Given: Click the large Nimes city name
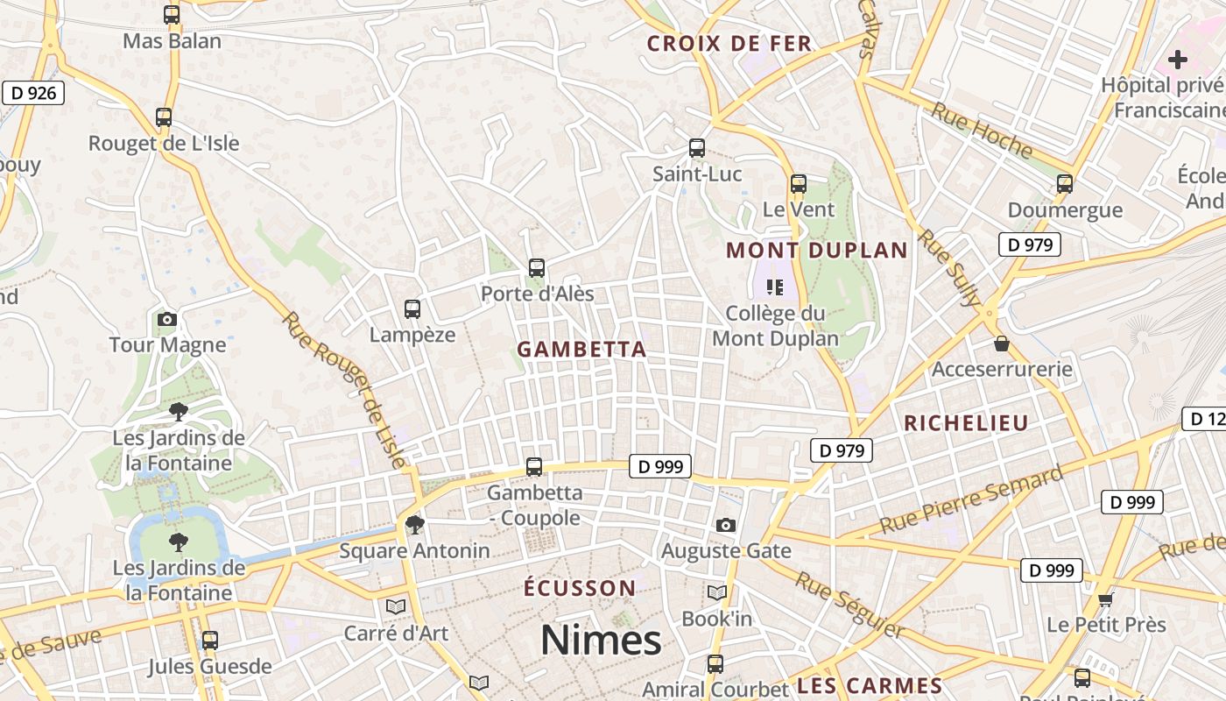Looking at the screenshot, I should pos(601,641).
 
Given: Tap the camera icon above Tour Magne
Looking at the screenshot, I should pos(167,320).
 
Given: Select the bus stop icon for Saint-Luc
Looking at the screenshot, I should pos(697,148).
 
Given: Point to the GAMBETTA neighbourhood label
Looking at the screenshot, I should pos(581,350).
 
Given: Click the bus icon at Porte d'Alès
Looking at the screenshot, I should pos(537,268).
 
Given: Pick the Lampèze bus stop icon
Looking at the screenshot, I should pos(412,309).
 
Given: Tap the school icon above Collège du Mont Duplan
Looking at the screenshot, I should pos(774,287).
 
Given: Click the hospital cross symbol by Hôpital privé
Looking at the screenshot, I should pos(1178,60).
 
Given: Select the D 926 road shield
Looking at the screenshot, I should pos(33,93).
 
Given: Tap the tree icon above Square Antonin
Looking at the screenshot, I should pos(414,525).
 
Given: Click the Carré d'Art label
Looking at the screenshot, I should pos(396,633).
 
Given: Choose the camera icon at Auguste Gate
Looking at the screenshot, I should pos(726,526).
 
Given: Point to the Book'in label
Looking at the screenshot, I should pos(717,619).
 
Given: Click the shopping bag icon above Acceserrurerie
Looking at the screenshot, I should pos(1002,344).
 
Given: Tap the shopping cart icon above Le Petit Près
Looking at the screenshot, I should pos(1106,599).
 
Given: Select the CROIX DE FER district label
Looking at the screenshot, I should pos(729,44).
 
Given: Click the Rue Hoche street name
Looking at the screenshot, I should pos(981,131).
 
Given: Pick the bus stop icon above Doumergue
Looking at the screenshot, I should pos(1065,184).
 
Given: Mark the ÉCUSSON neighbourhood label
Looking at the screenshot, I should pos(580,588).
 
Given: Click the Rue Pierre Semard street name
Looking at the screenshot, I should pos(971,501).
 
